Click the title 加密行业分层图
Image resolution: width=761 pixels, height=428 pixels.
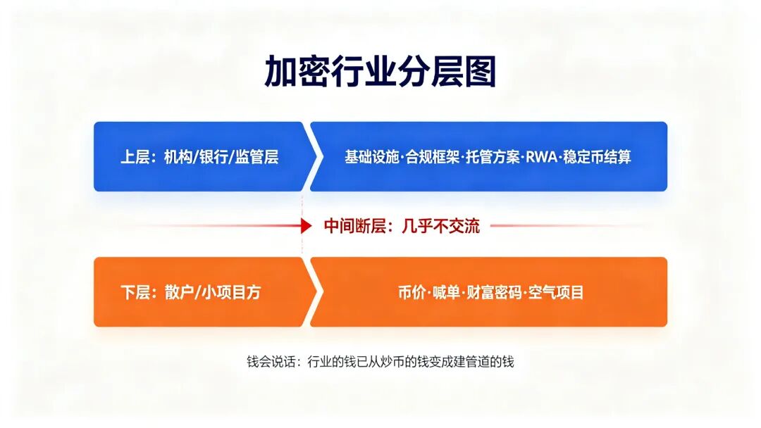[x=380, y=71]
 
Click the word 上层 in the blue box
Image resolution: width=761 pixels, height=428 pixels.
[x=135, y=157]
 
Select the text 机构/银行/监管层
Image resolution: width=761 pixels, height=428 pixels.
[x=221, y=157]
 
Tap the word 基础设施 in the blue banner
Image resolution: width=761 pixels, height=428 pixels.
[x=372, y=157]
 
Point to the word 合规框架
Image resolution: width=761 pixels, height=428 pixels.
[x=433, y=157]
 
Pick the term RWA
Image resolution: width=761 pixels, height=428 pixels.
[x=542, y=157]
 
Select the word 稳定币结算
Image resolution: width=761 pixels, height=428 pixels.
[x=598, y=157]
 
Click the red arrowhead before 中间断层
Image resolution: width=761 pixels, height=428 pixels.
[x=307, y=226]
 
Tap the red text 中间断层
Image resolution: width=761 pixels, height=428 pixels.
[x=354, y=227]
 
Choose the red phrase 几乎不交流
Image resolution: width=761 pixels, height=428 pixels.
[x=440, y=227]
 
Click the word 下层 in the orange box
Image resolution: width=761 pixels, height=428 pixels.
[x=135, y=292]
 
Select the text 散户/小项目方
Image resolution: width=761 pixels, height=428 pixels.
[x=213, y=292]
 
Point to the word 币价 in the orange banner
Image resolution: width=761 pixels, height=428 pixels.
[x=412, y=292]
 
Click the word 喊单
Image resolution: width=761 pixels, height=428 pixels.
[x=447, y=292]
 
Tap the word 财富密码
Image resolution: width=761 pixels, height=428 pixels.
[x=494, y=292]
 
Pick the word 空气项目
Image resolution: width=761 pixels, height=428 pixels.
[x=556, y=292]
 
